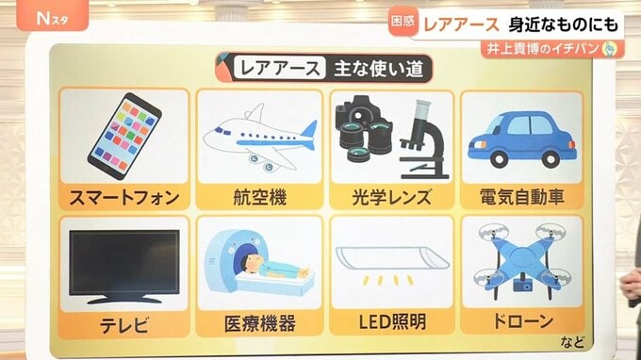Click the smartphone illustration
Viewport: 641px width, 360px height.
coord(124,136)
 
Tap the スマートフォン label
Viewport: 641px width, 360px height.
coord(124,198)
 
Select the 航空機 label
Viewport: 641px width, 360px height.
coord(260,198)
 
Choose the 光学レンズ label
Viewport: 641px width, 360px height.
coord(391,197)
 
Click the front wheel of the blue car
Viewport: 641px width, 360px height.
coord(500,159)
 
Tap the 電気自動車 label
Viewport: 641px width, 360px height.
coord(522,197)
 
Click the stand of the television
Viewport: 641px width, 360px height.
coord(124,299)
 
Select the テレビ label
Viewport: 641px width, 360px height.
coord(124,326)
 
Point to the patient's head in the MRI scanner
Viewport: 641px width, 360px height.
coord(250,261)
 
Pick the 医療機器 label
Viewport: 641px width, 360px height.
coord(260,323)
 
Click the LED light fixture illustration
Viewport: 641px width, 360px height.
coord(392,257)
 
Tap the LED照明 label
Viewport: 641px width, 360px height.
coord(392,322)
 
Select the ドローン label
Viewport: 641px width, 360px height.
coord(523,321)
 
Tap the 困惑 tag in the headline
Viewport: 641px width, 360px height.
coord(403,22)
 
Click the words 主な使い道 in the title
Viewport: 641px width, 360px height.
coord(379,69)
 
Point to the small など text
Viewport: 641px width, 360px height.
coord(572,342)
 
